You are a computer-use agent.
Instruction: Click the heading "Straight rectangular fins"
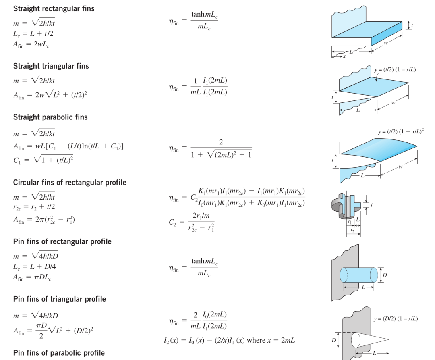(x=54, y=9)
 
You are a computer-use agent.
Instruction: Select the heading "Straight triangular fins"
(x=51, y=66)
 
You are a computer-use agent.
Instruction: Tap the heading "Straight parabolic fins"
(x=50, y=117)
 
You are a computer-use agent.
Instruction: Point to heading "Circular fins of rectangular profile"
(x=70, y=183)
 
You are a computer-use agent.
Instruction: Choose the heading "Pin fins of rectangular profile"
(x=62, y=242)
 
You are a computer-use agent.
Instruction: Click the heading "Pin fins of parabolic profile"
(x=59, y=353)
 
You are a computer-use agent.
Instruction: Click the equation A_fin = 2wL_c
(x=31, y=44)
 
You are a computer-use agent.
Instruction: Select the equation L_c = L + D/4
(x=35, y=267)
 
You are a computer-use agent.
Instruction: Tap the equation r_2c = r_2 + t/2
(x=34, y=207)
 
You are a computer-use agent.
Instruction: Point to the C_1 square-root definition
(x=43, y=160)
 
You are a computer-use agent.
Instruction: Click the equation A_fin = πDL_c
(x=32, y=277)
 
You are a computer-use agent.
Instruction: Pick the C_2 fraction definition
(x=192, y=222)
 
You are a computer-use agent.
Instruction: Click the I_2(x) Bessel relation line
(x=230, y=341)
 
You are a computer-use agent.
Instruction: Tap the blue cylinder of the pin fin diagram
(x=359, y=275)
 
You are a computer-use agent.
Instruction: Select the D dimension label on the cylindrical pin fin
(x=385, y=275)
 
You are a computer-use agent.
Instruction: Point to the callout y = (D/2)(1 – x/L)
(x=396, y=319)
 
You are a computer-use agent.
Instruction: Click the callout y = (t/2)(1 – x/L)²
(x=401, y=131)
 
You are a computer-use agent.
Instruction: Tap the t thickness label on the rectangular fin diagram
(x=412, y=25)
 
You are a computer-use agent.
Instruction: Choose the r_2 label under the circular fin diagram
(x=352, y=230)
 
